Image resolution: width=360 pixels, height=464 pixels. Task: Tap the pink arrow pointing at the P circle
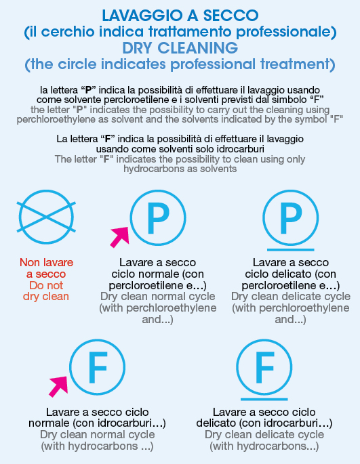[x=120, y=237]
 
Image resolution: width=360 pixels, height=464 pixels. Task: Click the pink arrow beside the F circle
[x=59, y=387]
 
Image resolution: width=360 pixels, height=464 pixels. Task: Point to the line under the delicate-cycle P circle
[x=291, y=250]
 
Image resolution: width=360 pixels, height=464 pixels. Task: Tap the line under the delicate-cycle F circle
[x=264, y=400]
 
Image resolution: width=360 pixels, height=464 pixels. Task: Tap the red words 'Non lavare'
[x=47, y=262]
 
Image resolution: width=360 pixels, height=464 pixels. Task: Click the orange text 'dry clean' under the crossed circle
[x=46, y=297]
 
